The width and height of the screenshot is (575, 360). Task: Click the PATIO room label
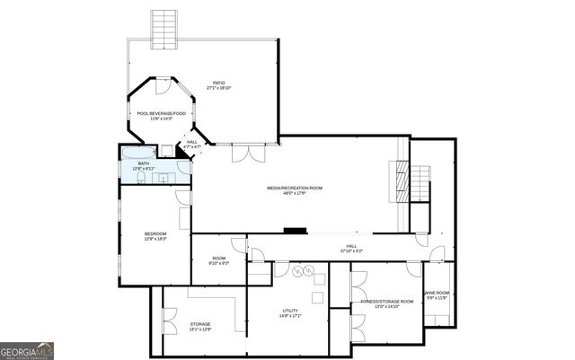click(x=219, y=83)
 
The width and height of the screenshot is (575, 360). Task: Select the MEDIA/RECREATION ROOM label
click(x=294, y=188)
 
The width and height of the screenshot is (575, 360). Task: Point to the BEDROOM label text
click(x=155, y=233)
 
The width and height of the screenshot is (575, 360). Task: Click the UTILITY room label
click(x=289, y=311)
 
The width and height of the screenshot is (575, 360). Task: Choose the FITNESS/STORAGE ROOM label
click(x=386, y=302)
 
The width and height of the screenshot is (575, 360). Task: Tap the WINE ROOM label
click(x=437, y=293)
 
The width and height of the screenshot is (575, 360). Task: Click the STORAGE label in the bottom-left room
click(x=199, y=324)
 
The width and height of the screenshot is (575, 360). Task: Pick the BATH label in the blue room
click(x=144, y=163)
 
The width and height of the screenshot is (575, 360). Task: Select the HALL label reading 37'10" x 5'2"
click(x=351, y=246)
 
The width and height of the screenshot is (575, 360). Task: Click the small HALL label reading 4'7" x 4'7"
click(x=192, y=142)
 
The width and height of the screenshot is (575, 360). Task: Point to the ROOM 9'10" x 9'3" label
click(x=218, y=259)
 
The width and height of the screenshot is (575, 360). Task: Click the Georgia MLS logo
click(x=27, y=350)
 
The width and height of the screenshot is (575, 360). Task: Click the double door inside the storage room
click(x=168, y=320)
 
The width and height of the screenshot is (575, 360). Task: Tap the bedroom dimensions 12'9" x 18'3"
click(x=155, y=239)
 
